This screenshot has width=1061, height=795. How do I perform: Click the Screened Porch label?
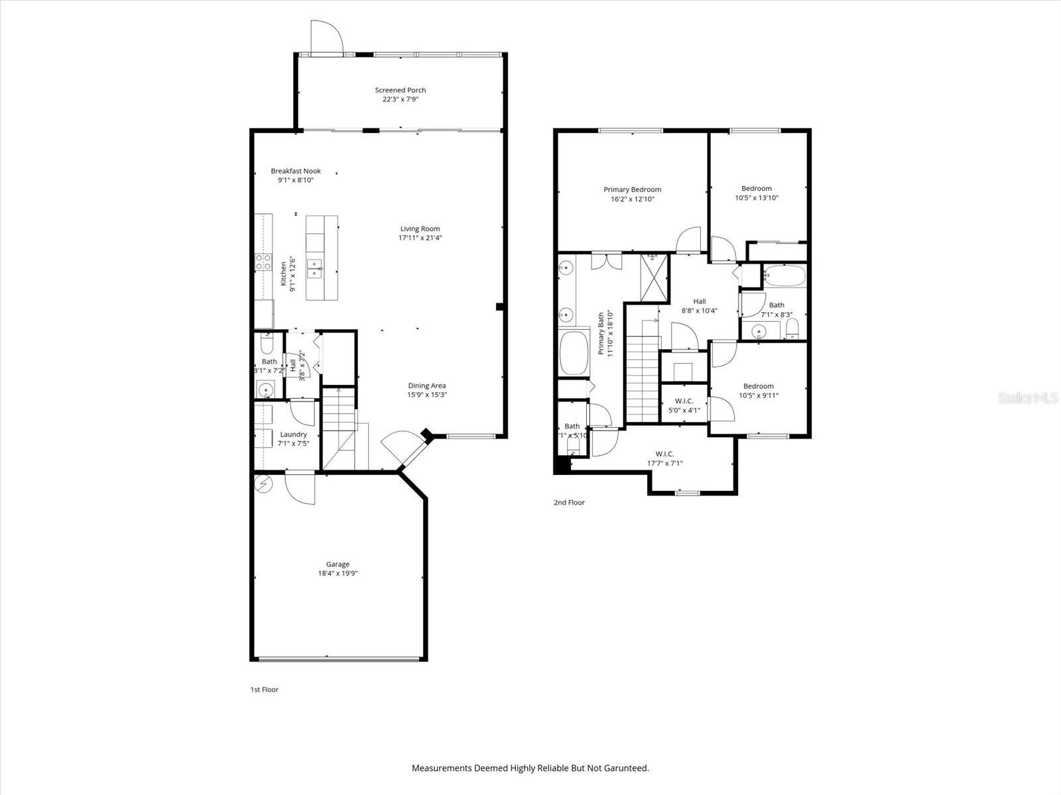400,90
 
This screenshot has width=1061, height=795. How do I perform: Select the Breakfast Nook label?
295,171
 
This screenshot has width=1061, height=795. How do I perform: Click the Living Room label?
420,229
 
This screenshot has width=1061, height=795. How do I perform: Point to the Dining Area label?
426,386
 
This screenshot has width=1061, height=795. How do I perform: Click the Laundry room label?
293,435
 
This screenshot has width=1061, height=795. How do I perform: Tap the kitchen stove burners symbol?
263,262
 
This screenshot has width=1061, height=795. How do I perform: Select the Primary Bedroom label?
632,189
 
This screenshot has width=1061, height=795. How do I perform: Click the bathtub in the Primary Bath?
574,352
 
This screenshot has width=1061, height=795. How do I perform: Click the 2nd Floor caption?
569,503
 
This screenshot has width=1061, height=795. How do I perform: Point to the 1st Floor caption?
264,690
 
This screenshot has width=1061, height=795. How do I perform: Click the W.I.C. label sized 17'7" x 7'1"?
664,454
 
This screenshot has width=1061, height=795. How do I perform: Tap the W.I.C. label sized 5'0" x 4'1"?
684,401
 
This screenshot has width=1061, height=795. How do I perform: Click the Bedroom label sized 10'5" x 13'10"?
756,189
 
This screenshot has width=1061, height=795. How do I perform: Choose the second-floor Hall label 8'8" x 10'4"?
699,301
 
